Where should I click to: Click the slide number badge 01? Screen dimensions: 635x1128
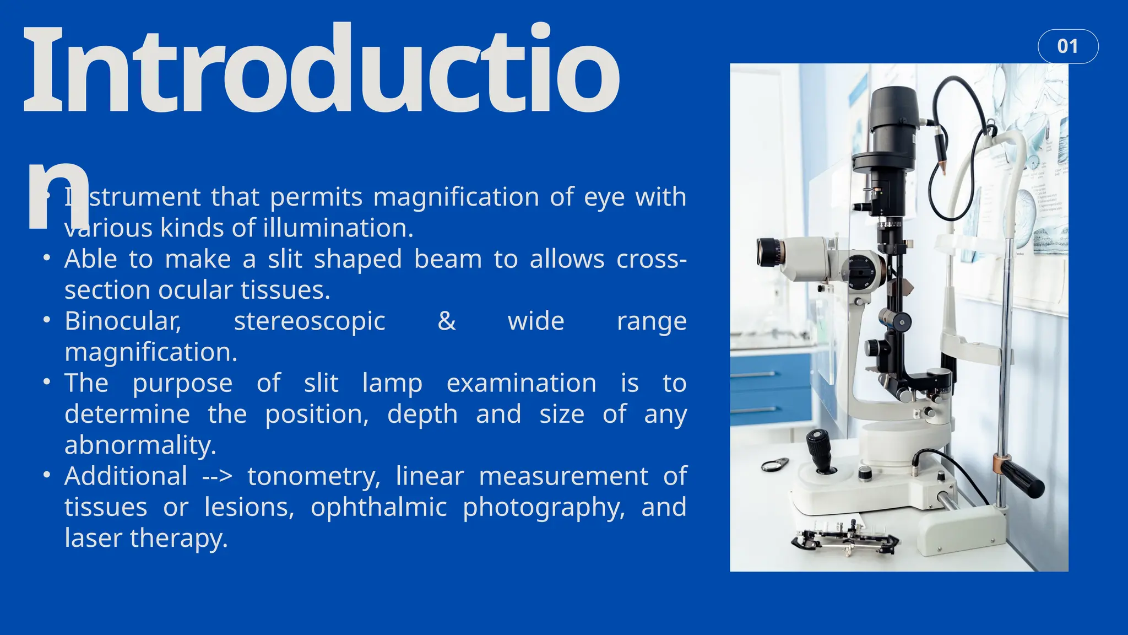(x=1067, y=46)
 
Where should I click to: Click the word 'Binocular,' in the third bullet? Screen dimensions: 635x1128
(x=123, y=321)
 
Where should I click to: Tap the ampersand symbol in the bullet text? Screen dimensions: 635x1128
(x=446, y=321)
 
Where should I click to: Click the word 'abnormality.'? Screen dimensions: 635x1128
(x=140, y=445)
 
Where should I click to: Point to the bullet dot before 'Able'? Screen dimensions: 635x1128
(x=47, y=258)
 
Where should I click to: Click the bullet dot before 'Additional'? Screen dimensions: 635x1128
(x=47, y=475)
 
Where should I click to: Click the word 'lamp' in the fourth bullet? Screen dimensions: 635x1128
(x=392, y=384)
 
